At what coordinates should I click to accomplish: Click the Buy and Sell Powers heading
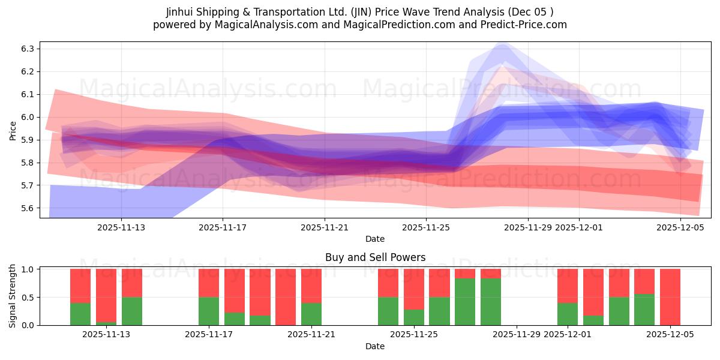[375, 257]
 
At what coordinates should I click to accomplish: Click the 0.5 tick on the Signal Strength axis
[29, 297]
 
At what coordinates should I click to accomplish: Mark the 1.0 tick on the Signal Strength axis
[29, 269]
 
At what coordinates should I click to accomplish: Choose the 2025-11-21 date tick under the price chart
[325, 227]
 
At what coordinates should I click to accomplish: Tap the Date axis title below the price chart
[375, 239]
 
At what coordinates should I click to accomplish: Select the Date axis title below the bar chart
[375, 346]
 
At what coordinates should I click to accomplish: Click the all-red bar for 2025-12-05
[670, 297]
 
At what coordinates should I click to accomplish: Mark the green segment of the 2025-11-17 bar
[209, 311]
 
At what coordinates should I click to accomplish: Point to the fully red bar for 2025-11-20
[286, 297]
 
